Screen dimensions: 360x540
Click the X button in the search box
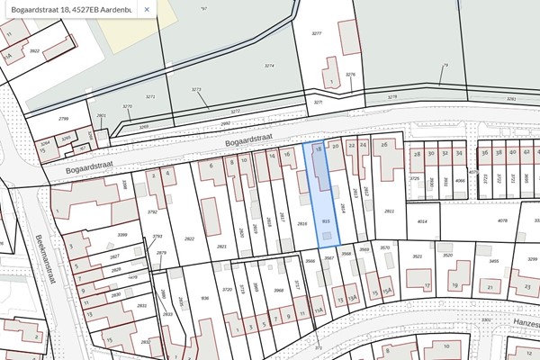click(x=146, y=11)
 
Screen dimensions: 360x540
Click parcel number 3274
click(x=268, y=66)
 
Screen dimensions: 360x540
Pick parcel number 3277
click(x=316, y=33)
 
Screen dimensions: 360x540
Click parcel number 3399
click(x=97, y=235)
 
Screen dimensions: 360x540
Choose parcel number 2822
click(x=189, y=238)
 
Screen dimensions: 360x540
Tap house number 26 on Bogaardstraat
click(x=384, y=144)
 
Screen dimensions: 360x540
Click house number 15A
click(x=386, y=292)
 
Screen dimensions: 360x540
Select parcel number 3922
click(x=34, y=50)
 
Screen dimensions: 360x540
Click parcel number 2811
click(x=389, y=211)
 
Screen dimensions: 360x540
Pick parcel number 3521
click(x=418, y=256)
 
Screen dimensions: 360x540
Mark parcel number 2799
click(x=63, y=118)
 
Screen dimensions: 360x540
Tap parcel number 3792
click(x=153, y=211)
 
